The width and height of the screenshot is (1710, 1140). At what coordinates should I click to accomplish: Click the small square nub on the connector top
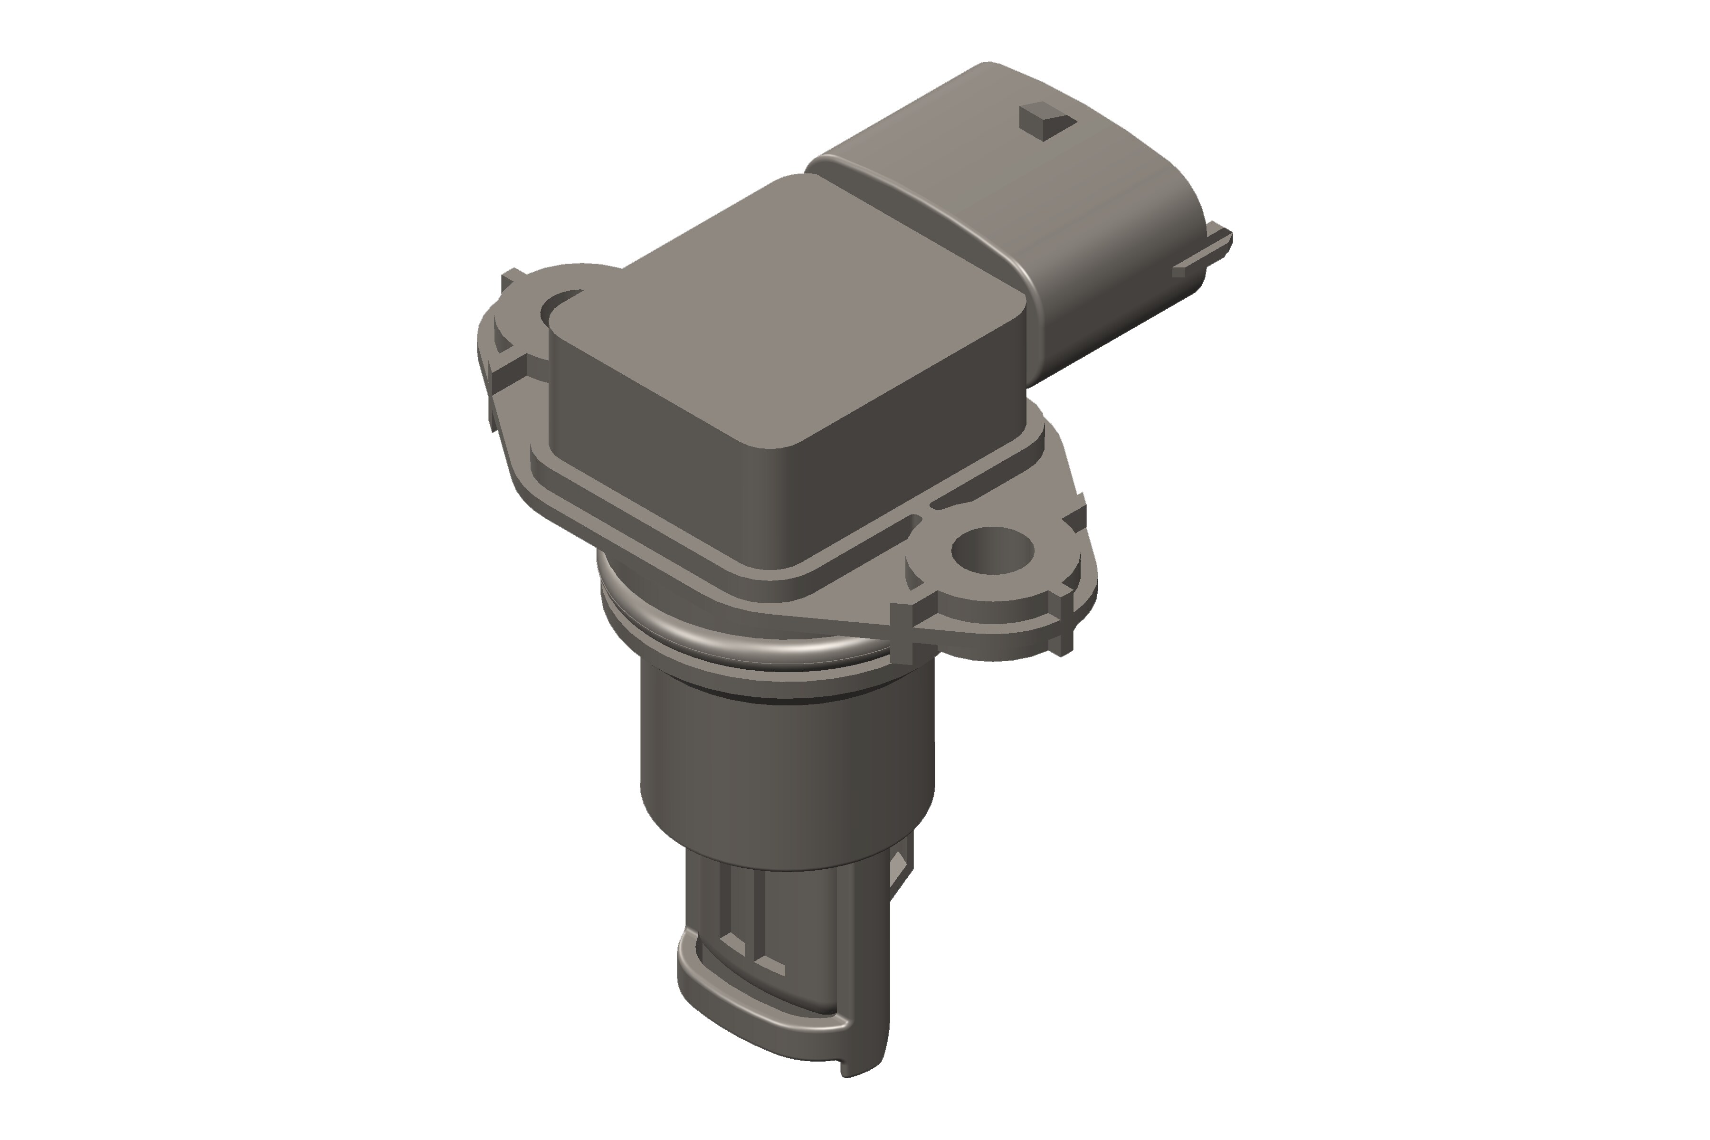(1047, 121)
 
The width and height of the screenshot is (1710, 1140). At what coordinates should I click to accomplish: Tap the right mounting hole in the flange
(992, 551)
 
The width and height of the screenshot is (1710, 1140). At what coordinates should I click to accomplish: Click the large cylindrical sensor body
(785, 770)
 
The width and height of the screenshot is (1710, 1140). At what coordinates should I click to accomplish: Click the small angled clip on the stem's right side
(902, 880)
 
